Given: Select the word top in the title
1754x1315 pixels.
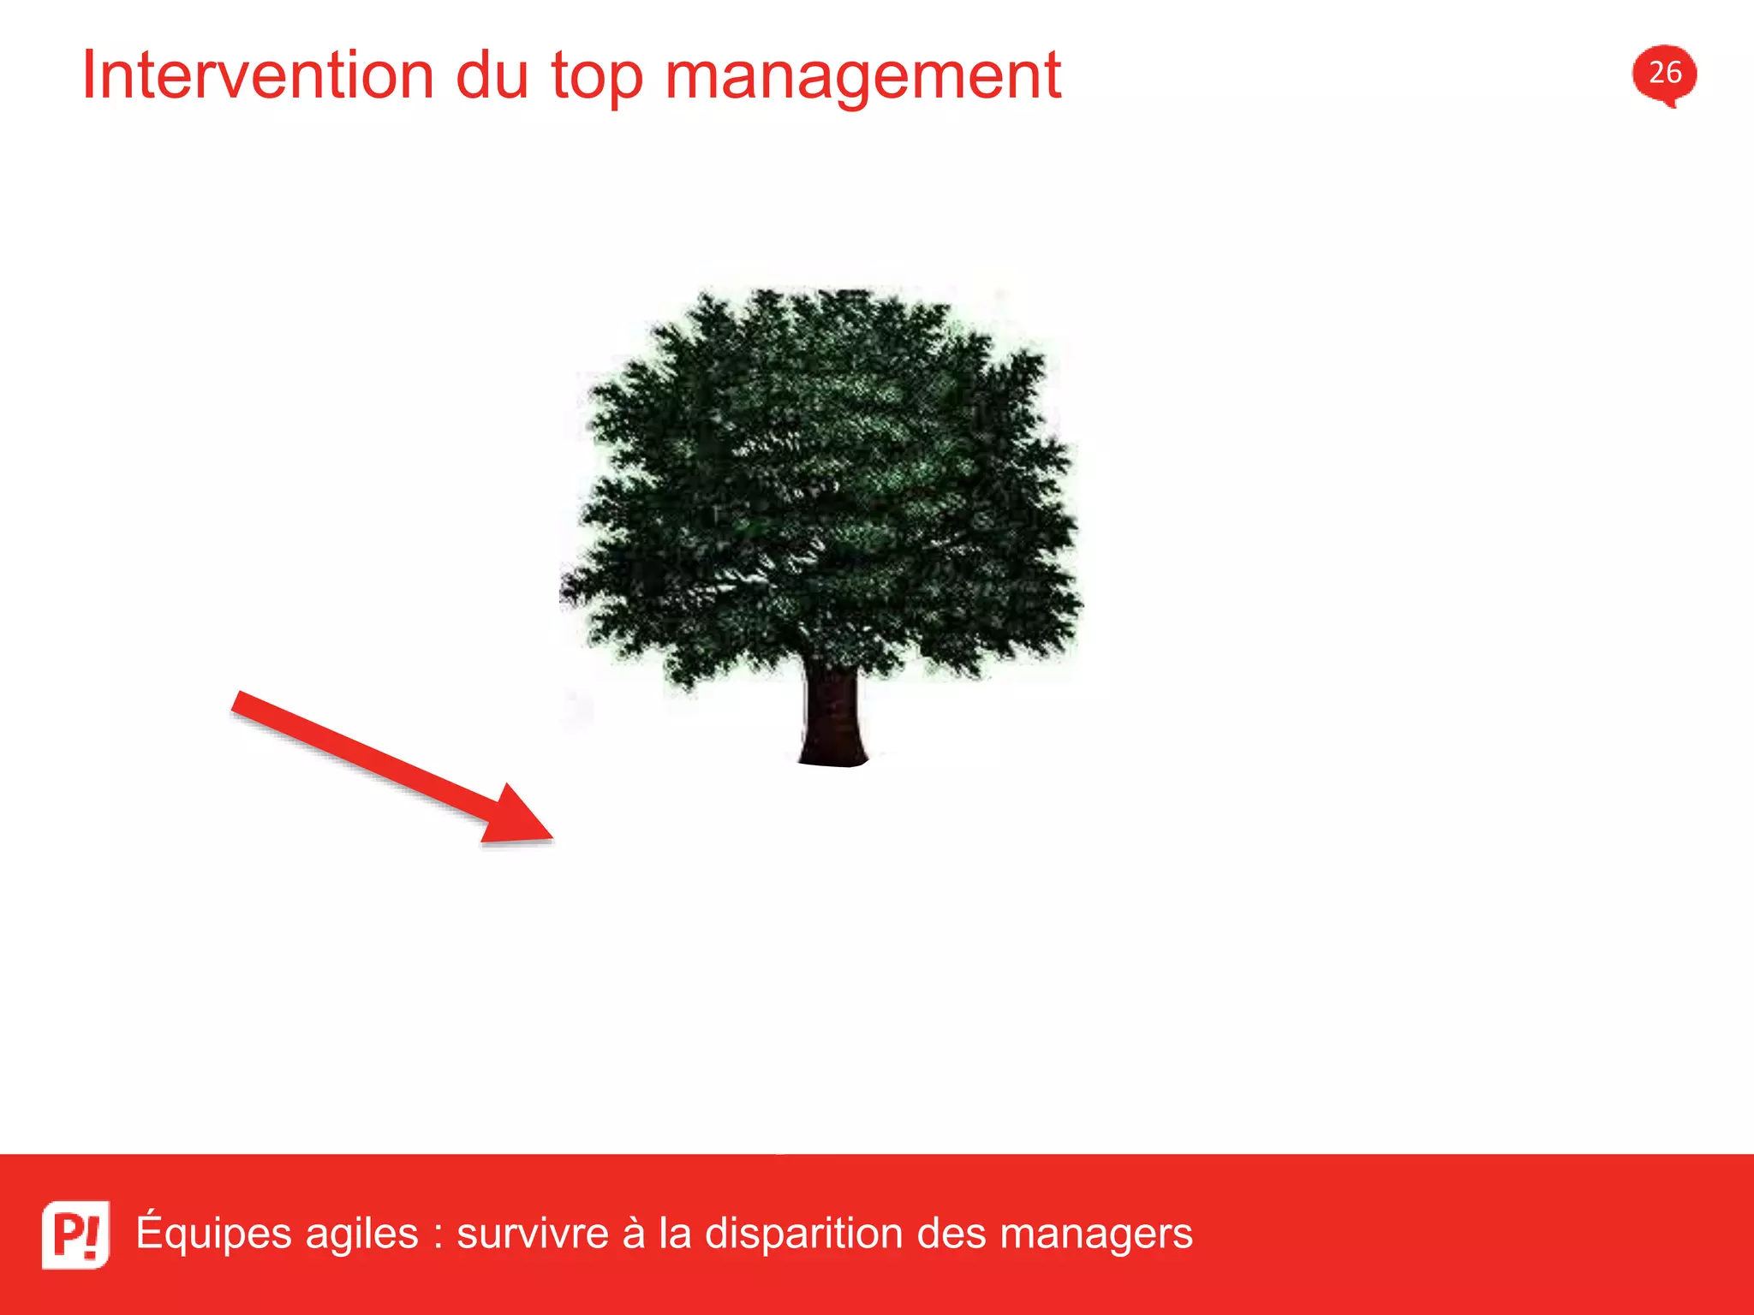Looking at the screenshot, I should tap(596, 79).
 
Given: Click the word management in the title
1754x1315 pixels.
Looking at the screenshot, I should tap(862, 79).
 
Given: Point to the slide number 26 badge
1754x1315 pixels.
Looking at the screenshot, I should tap(1664, 74).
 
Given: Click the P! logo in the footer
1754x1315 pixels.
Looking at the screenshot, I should tap(76, 1234).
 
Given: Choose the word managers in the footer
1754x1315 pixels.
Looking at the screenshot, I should tap(1096, 1235).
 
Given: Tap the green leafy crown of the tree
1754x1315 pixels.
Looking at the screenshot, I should tap(822, 479).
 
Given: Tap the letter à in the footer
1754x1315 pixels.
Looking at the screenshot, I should tap(633, 1234).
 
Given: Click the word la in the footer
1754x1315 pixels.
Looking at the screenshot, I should tap(674, 1234).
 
